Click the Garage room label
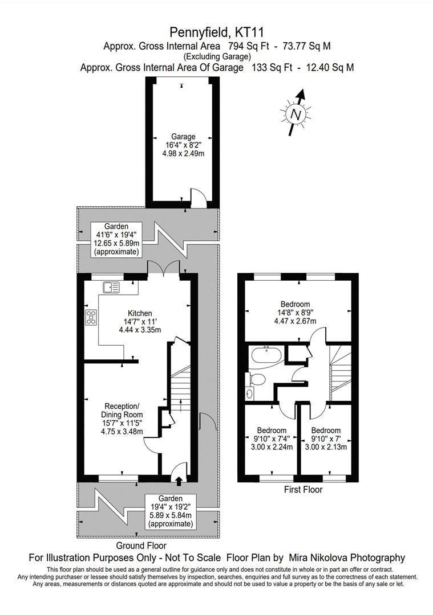tap(183, 137)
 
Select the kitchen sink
tap(111, 288)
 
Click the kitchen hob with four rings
tap(91, 317)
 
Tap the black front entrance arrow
tap(179, 481)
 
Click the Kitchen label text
tap(140, 313)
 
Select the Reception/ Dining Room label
tap(122, 410)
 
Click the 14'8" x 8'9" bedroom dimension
tap(295, 313)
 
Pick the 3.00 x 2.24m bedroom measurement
tap(272, 447)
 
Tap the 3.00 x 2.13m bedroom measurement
tap(326, 447)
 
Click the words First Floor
tap(303, 490)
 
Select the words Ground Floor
tap(141, 546)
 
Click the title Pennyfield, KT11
tap(217, 31)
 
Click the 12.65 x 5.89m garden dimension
tap(116, 243)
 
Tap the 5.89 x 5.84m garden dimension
tap(171, 515)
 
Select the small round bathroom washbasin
tap(249, 393)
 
